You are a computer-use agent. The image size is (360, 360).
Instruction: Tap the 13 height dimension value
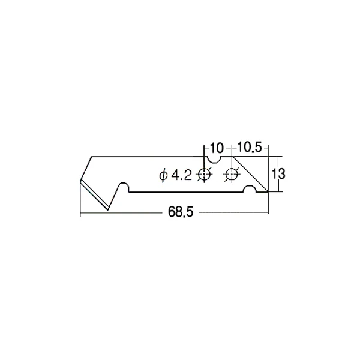(277, 174)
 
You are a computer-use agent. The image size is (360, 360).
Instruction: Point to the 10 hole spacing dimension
(217, 147)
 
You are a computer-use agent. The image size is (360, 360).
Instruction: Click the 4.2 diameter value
(181, 175)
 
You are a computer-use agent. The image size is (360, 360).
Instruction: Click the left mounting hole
(204, 175)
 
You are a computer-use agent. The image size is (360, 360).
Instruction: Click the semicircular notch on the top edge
(212, 159)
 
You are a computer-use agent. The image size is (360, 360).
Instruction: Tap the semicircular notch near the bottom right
(251, 191)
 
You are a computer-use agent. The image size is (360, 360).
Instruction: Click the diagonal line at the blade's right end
(249, 174)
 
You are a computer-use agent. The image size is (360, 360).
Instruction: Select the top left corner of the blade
(92, 157)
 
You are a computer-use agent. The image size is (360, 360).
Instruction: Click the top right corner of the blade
(231, 157)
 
